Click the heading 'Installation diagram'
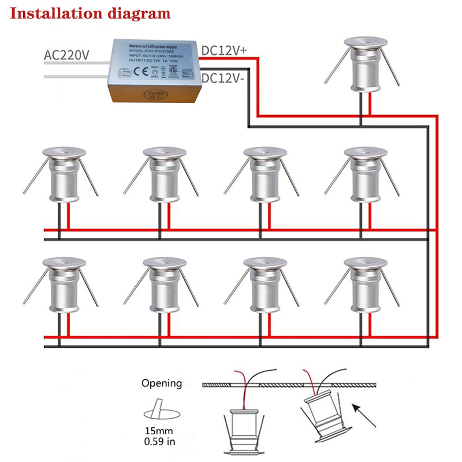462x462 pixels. [x=90, y=13]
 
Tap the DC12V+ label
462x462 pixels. [x=224, y=51]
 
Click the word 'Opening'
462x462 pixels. [x=162, y=383]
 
